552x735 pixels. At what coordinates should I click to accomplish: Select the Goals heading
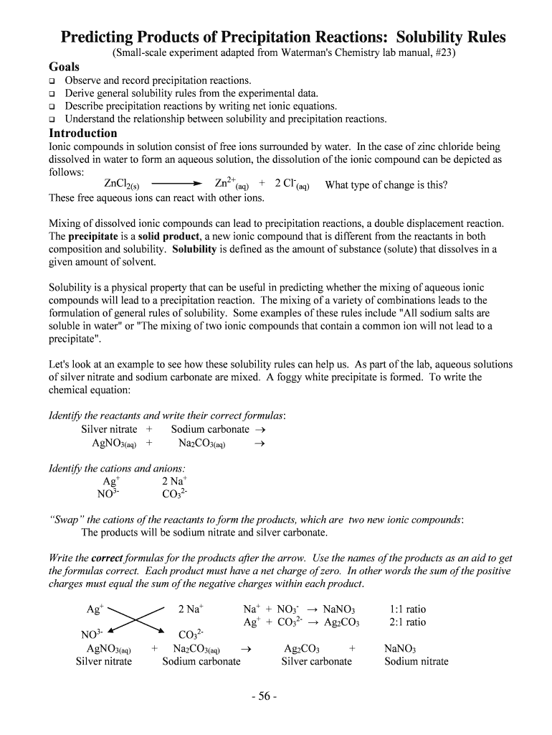tap(64, 67)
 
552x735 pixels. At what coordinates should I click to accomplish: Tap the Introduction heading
tap(82, 134)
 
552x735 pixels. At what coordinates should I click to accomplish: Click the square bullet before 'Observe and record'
tap(52, 81)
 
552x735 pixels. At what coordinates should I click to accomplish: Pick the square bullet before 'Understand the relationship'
tap(52, 119)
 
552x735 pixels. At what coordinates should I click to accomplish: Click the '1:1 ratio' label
tap(407, 609)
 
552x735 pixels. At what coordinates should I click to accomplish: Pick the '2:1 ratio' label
tap(407, 622)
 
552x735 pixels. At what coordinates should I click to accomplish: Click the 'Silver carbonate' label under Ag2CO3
tap(316, 661)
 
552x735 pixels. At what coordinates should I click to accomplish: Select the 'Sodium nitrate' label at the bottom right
tap(416, 661)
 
